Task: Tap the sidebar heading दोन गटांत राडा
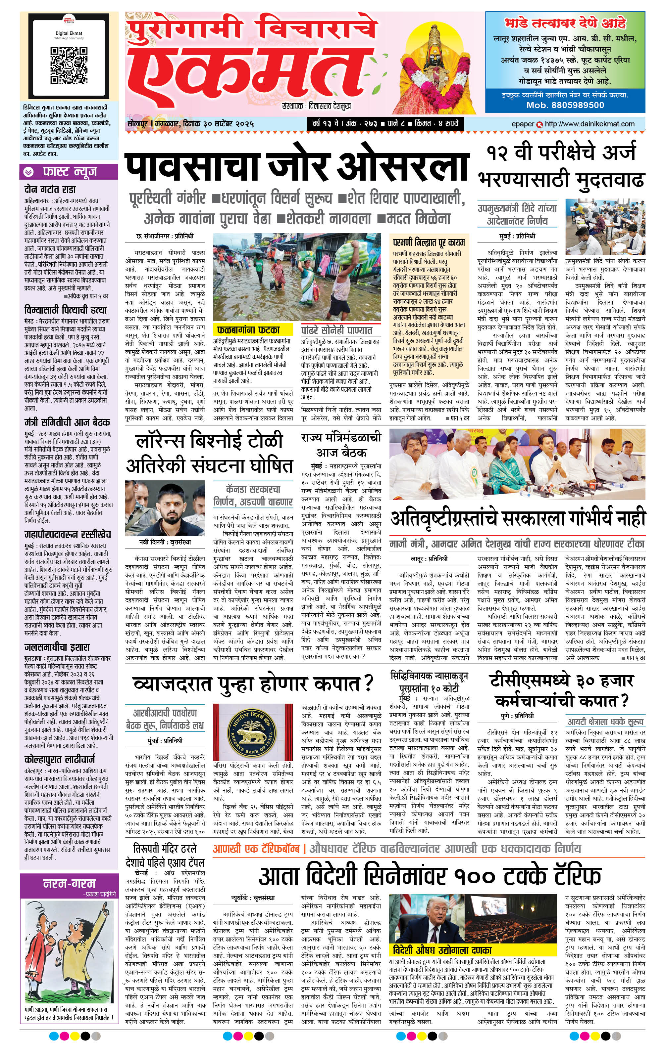[x=50, y=189]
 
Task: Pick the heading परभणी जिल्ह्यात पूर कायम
[x=429, y=242]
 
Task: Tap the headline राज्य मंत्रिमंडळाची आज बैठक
[x=341, y=444]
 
